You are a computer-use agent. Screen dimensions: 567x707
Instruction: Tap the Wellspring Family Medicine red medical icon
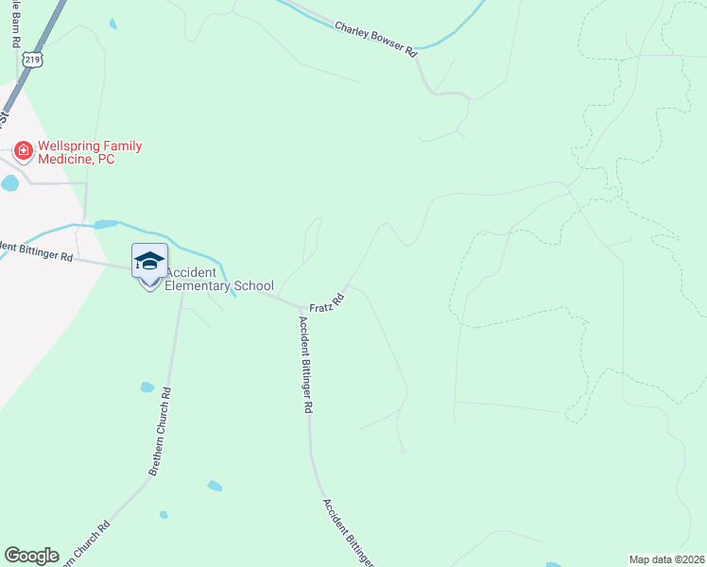[22, 149]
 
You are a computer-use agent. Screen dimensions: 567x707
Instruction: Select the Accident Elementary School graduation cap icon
[149, 260]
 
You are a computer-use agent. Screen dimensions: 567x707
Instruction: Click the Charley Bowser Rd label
[375, 39]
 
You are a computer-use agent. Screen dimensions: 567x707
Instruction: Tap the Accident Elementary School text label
[219, 279]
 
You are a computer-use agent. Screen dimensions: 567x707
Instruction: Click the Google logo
[31, 556]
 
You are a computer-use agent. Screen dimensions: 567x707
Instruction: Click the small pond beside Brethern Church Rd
[147, 387]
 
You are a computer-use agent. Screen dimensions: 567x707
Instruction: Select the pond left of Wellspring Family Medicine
[9, 183]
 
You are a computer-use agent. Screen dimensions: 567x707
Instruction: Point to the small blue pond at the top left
[113, 24]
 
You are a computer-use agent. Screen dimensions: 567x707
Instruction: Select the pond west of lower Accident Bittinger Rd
[216, 486]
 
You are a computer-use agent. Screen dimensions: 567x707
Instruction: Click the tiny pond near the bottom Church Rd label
[164, 515]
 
